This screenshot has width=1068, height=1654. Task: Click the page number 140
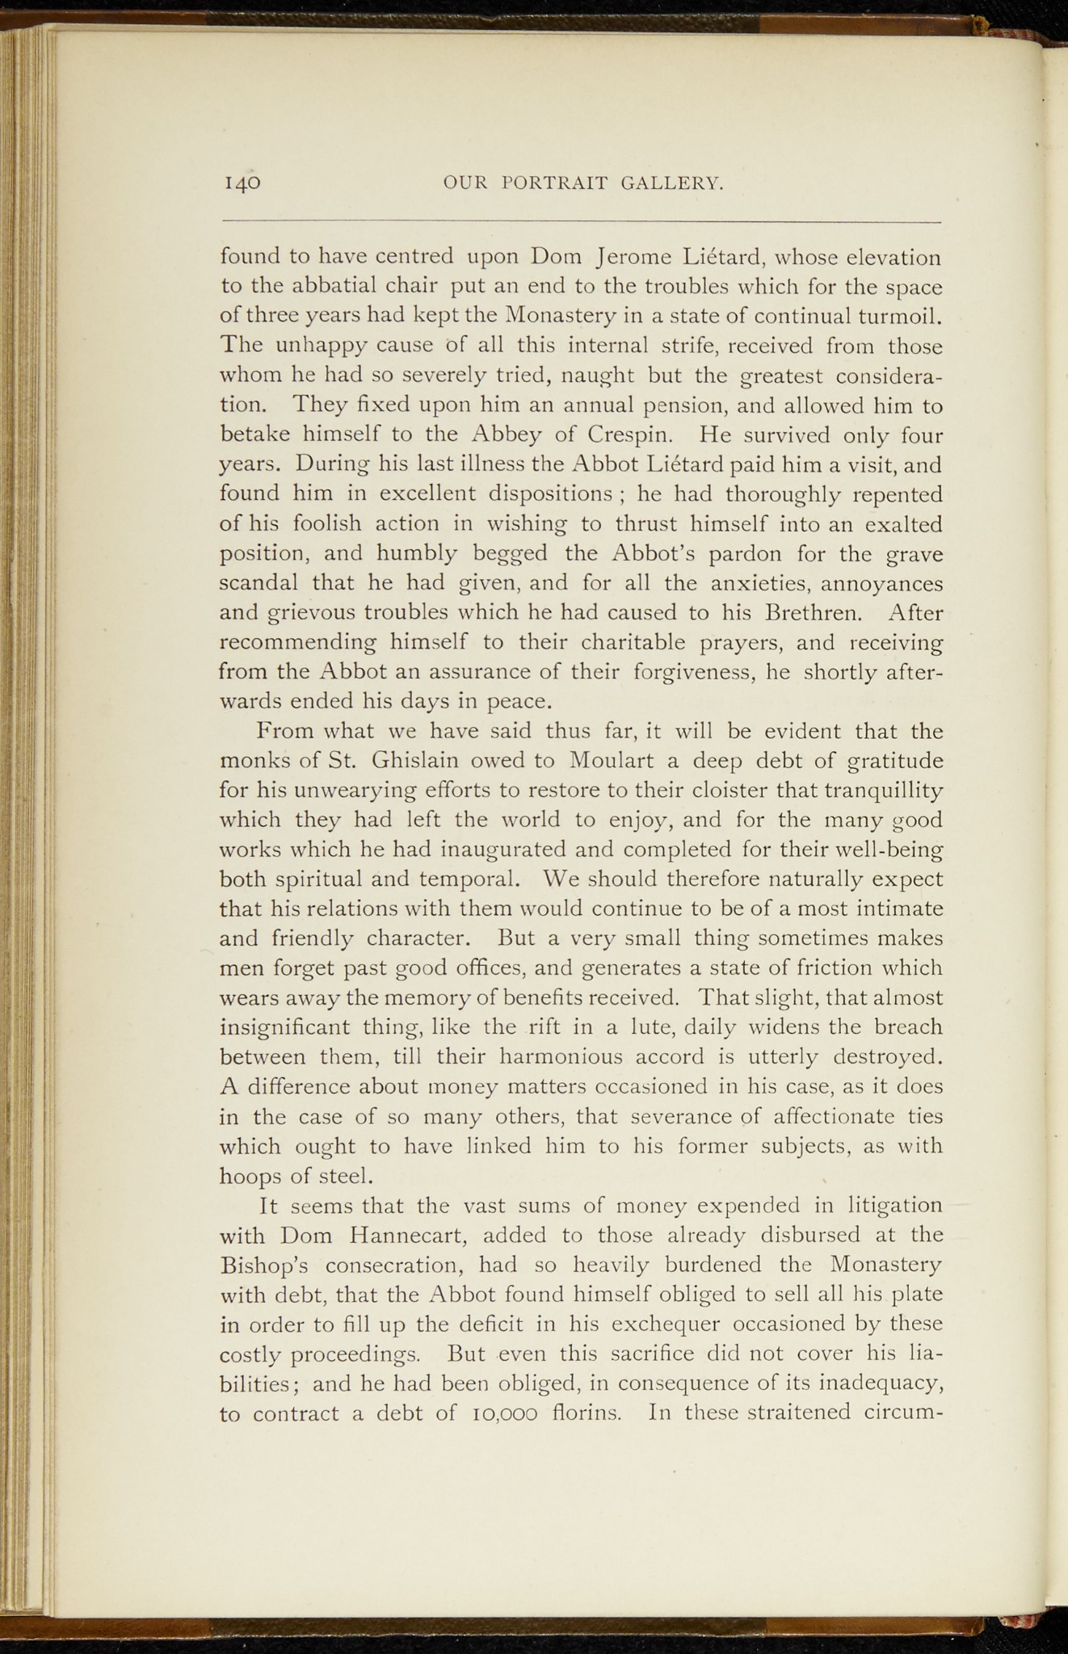242,183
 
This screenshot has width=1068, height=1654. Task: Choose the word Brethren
814,613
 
